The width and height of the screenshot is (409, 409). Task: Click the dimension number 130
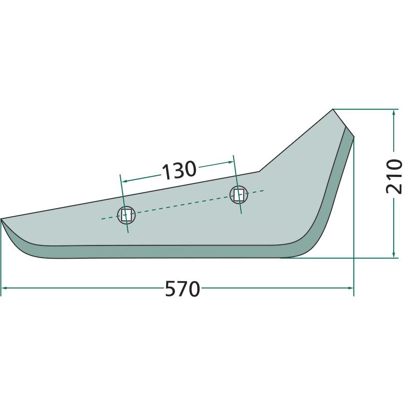coord(179,170)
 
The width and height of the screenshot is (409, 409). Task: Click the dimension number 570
coord(183,289)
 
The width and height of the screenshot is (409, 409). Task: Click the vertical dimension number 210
coord(394,176)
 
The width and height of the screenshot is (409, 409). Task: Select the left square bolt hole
coord(126,215)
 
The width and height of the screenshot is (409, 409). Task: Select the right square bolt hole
coord(238,195)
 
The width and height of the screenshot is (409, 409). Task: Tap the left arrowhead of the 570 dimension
coord(4,288)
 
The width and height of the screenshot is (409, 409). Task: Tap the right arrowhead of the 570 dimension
coord(351,288)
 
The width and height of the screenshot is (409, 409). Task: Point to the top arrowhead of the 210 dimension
coord(394,112)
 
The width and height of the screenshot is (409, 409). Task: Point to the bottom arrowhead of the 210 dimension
coord(394,255)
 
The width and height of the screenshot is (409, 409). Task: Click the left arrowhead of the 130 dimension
coord(125,181)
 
